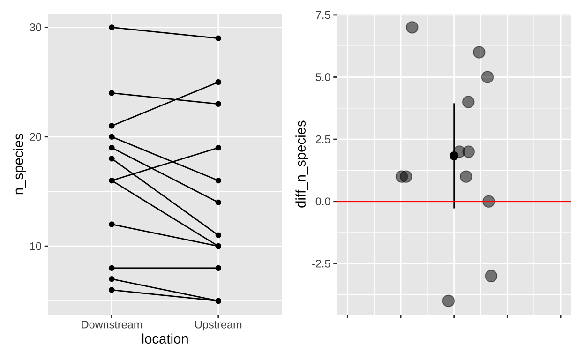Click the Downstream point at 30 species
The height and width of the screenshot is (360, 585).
point(112,27)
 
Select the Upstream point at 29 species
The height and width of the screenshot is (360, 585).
point(218,38)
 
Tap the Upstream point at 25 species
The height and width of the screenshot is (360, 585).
point(218,82)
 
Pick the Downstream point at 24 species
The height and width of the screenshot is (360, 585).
point(112,93)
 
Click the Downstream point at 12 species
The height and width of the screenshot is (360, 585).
point(112,224)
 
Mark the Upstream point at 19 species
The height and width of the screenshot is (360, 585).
point(218,148)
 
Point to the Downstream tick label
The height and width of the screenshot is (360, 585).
point(112,325)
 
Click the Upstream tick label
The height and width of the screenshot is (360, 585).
point(218,325)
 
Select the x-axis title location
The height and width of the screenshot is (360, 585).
point(165,339)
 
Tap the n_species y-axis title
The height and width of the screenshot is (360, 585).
point(19,164)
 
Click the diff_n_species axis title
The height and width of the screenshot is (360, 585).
point(302,164)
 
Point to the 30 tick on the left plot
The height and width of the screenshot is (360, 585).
point(36,27)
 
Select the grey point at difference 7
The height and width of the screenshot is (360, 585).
point(412,27)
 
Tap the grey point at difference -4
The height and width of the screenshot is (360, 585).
point(449,301)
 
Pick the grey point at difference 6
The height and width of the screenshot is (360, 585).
point(479,52)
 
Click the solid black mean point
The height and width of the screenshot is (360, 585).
point(454,156)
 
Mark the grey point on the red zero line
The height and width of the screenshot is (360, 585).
point(488,202)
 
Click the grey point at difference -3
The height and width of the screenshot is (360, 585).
point(491,276)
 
